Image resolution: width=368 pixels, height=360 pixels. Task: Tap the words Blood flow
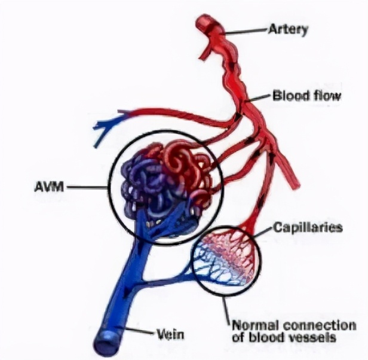(306, 95)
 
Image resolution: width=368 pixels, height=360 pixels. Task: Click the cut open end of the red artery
(210, 22)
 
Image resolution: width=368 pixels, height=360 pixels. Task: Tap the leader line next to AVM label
(88, 187)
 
